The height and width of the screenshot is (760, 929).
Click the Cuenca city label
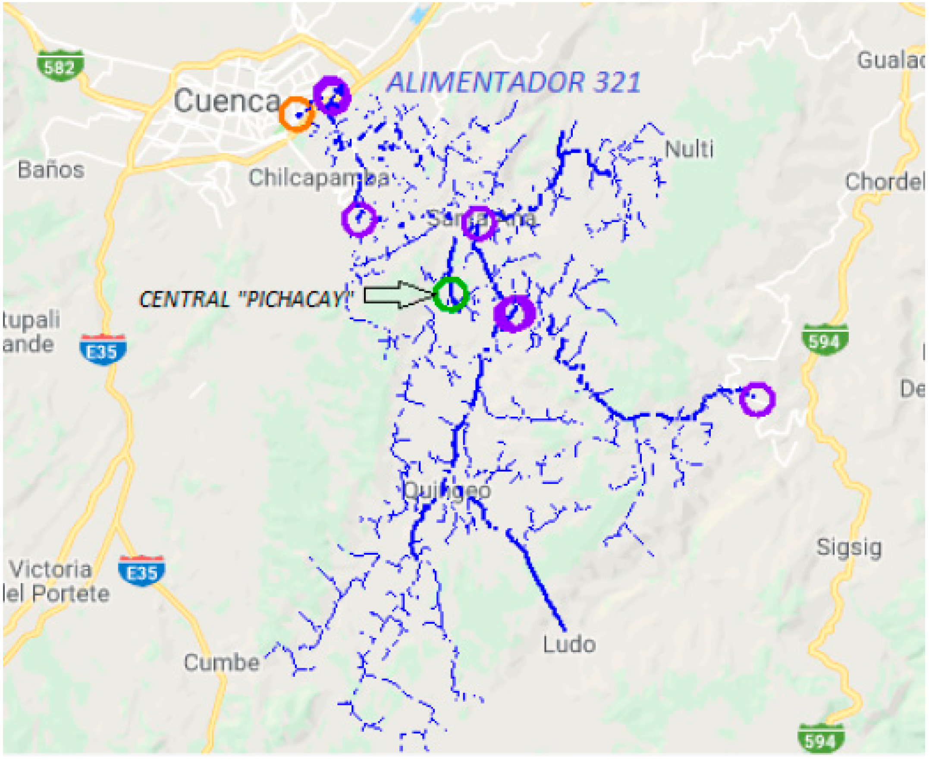[x=227, y=100]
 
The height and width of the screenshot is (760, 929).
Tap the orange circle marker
[x=296, y=114]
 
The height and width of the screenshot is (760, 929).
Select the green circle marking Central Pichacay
[x=451, y=294]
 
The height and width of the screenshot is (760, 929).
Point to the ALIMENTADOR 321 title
[x=514, y=82]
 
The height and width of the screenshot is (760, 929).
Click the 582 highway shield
[x=60, y=66]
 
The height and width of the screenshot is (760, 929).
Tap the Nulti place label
[x=689, y=149]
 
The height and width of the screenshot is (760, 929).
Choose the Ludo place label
[x=569, y=645]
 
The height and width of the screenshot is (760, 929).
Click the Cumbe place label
[x=222, y=663]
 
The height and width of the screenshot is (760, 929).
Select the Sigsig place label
[x=849, y=548]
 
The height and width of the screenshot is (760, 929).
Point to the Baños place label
[x=51, y=170]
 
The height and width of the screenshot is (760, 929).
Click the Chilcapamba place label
[x=319, y=178]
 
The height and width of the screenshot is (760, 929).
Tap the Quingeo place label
[x=446, y=490]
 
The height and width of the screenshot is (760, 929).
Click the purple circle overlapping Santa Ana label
[x=479, y=223]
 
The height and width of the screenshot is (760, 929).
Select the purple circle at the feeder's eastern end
[x=757, y=399]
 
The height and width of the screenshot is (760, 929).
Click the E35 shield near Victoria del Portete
[x=141, y=571]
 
